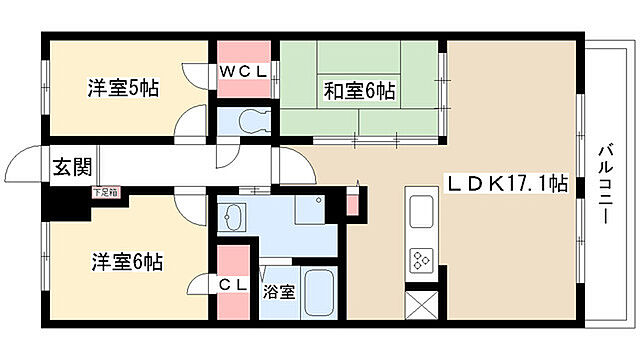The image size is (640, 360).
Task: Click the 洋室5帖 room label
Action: [x=121, y=88]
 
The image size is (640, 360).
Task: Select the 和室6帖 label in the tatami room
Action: [x=358, y=91]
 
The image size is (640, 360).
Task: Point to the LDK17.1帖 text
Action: [x=507, y=183]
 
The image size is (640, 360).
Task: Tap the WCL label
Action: [x=243, y=71]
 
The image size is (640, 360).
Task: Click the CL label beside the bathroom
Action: [x=233, y=285]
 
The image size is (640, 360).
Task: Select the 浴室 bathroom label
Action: [x=278, y=292]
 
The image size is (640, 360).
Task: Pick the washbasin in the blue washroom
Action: [x=237, y=216]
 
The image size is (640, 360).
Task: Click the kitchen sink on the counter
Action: [x=420, y=212]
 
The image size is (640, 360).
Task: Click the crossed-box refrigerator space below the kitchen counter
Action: [x=420, y=302]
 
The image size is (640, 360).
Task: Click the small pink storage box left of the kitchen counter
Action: [x=352, y=203]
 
